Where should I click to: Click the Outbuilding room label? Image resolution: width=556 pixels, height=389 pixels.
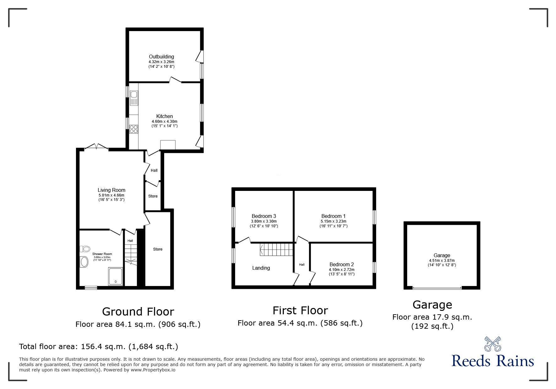point(161,57)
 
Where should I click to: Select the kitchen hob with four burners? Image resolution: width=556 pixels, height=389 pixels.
point(134,129)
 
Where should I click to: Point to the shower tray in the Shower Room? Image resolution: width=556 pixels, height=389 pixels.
point(116,276)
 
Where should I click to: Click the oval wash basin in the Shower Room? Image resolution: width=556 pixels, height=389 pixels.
point(84,262)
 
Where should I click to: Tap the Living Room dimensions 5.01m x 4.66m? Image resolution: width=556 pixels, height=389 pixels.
point(111,195)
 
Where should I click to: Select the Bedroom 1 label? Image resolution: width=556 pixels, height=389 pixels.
point(333,216)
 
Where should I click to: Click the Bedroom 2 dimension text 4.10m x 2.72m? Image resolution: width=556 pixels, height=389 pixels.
point(342,270)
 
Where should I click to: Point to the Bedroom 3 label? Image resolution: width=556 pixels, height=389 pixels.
point(264,216)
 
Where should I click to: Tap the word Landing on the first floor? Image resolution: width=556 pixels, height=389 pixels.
point(261,268)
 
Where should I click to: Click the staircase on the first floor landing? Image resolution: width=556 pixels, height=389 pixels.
point(276,250)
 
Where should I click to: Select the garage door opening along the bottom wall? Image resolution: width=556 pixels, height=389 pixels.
point(437,288)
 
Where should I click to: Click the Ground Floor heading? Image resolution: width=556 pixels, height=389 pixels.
point(138,312)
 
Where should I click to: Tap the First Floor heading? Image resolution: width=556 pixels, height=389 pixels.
point(300,311)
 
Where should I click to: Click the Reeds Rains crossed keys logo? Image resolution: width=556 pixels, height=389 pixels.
point(493,344)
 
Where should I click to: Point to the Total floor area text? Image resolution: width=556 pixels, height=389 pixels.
point(99,347)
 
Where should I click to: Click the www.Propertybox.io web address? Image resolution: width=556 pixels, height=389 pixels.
point(153,370)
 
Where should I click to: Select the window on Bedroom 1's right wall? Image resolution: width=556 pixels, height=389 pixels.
point(374,217)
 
